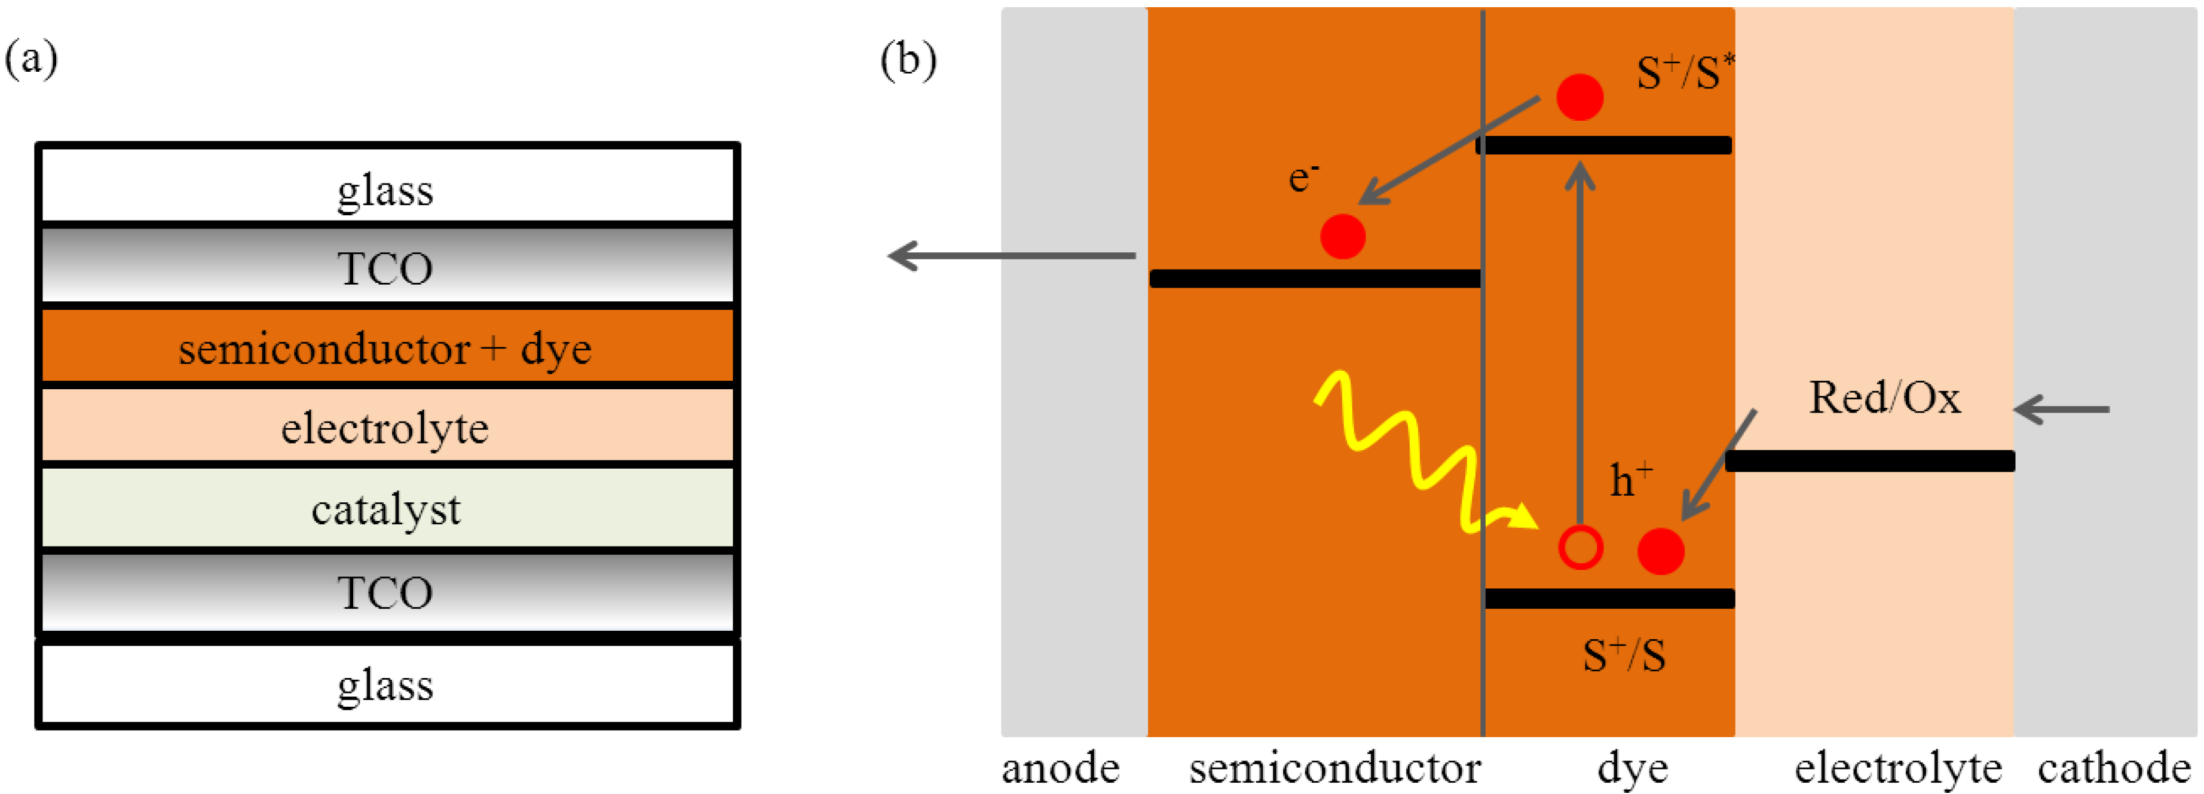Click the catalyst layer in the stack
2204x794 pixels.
tap(387, 508)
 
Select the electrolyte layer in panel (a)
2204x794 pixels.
tap(387, 426)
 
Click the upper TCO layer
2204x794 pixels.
tap(387, 265)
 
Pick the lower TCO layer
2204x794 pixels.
tap(387, 592)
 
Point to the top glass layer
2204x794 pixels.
tap(387, 184)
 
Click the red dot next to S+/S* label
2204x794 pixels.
tap(1579, 97)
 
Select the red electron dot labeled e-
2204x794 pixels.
tap(1342, 236)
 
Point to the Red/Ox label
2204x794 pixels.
tap(1884, 398)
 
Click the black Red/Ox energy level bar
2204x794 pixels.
tap(1869, 460)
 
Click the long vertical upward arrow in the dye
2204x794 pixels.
tap(1580, 342)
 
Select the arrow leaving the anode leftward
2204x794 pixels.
tap(1012, 255)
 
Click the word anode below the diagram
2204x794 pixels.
tap(1061, 768)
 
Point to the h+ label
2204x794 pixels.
tap(1631, 478)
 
